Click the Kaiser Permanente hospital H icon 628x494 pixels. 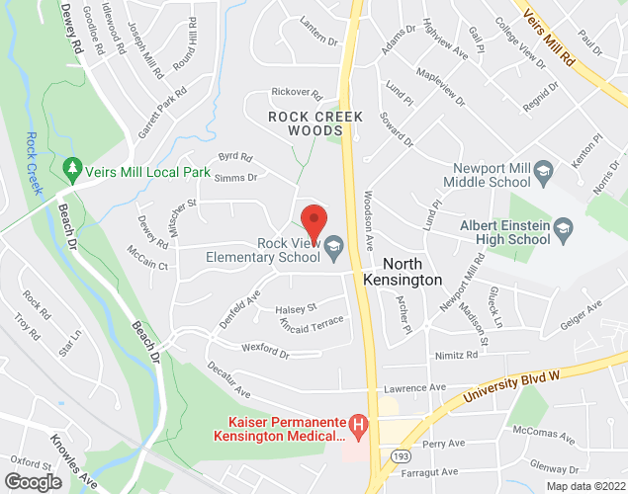(360, 428)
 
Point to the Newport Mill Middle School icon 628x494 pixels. (542, 175)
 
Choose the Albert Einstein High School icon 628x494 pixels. (563, 231)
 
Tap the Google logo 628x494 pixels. (32, 481)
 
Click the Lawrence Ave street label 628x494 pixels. (416, 387)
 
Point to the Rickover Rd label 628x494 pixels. (298, 95)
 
